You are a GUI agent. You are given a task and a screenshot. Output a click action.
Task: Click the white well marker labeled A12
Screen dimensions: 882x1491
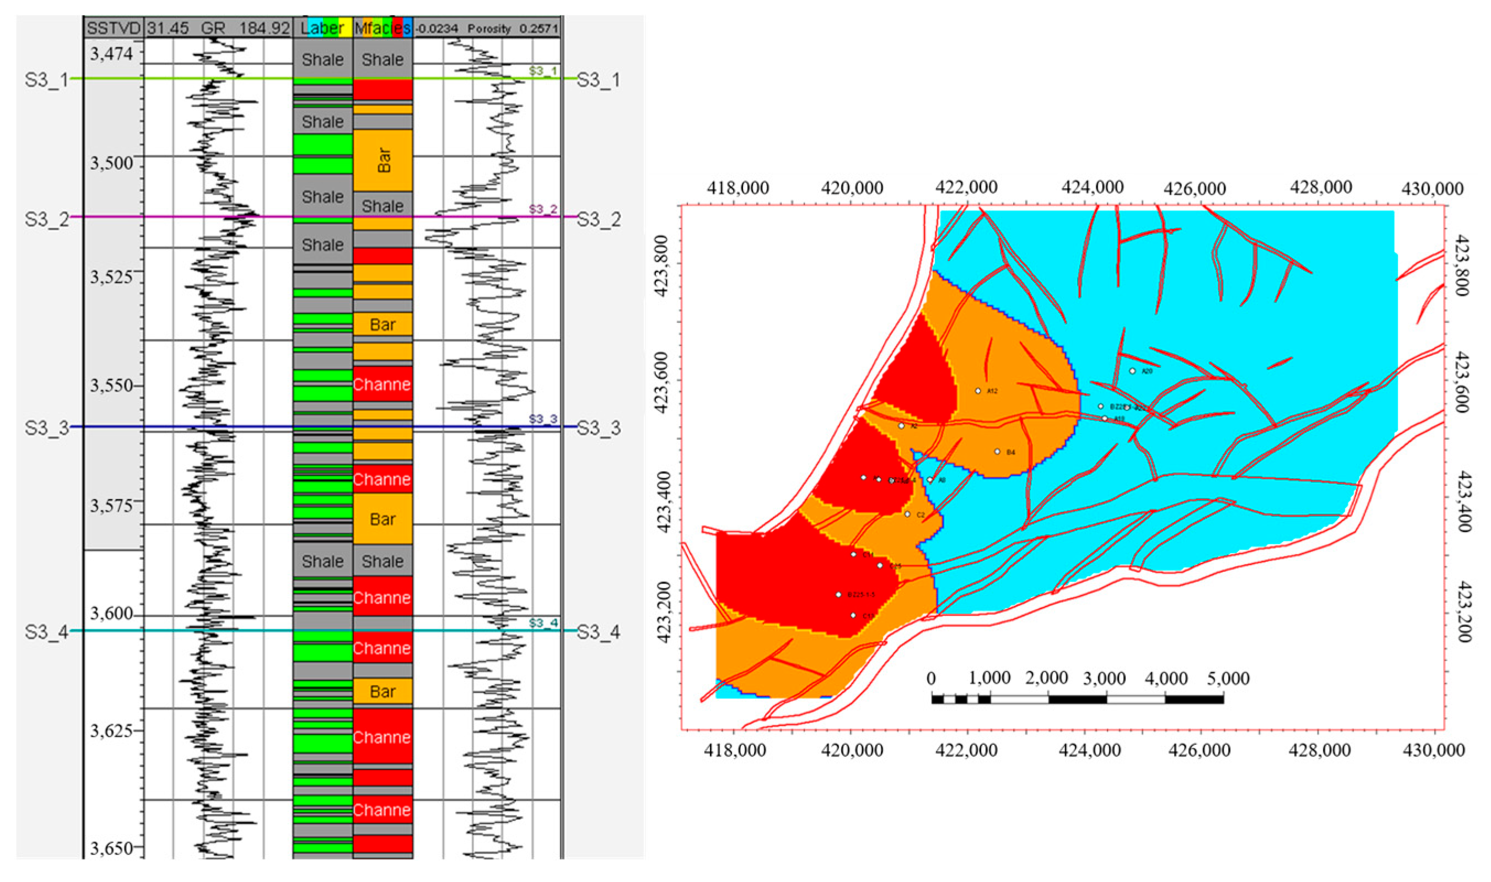(978, 391)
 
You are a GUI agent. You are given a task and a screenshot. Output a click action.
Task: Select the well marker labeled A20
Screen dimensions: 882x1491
(1133, 371)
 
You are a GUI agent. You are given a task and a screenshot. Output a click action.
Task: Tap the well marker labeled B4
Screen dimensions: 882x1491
(998, 452)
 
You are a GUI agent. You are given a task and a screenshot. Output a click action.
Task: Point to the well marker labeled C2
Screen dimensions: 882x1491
(907, 515)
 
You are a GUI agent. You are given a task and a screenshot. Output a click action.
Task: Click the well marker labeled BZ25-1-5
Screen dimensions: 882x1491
(839, 594)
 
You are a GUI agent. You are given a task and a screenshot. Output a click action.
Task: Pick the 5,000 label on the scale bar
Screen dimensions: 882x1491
(1228, 678)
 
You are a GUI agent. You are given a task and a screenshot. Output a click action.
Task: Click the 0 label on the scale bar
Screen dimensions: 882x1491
(931, 678)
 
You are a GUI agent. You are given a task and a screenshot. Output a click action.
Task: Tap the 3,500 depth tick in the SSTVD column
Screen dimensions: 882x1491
(111, 163)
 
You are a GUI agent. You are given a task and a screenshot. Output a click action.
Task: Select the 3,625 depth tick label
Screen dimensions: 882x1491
(111, 731)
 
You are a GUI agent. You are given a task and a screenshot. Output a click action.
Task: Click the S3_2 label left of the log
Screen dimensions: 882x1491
(46, 219)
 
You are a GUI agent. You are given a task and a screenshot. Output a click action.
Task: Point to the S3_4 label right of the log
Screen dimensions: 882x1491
(599, 632)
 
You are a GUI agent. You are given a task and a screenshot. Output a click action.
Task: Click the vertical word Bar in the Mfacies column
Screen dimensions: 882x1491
(384, 160)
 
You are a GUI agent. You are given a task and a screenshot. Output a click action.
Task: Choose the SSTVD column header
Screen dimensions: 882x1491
(113, 28)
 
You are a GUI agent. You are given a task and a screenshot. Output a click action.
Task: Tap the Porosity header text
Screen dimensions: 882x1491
(489, 29)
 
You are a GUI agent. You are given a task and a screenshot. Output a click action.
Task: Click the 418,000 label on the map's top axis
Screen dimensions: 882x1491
(738, 188)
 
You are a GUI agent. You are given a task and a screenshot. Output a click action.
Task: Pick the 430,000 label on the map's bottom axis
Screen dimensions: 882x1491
(1433, 750)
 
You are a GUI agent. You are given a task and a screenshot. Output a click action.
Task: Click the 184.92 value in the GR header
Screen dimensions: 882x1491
(265, 28)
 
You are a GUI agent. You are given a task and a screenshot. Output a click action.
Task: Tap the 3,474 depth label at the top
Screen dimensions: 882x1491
(111, 54)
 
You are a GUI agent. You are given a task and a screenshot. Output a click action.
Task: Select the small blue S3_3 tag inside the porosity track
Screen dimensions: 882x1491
(543, 419)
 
